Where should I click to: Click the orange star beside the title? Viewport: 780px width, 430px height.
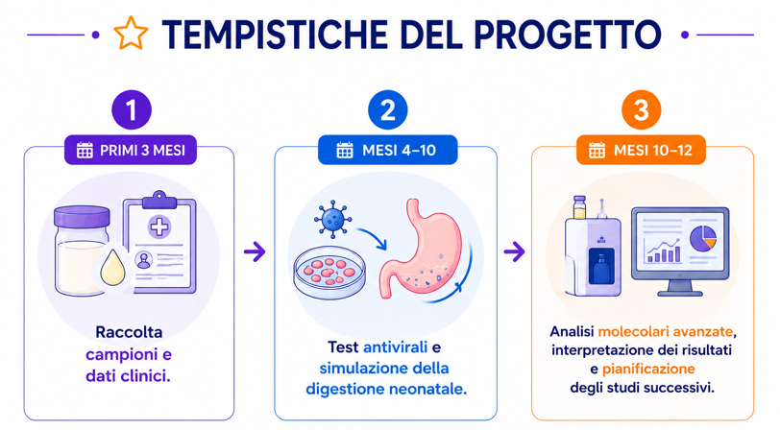point(131,34)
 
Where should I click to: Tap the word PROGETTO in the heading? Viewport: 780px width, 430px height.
point(568,35)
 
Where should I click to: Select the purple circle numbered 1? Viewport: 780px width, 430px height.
point(132,109)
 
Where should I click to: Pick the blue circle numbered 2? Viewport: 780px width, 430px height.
point(387,109)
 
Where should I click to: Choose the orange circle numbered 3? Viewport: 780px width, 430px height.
point(642,109)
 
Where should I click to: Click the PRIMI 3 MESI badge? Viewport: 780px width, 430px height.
point(131,150)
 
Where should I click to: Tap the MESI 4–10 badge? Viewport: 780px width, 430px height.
point(387,150)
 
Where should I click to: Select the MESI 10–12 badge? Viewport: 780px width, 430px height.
point(641,150)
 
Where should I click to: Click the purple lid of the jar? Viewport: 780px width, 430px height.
point(82,217)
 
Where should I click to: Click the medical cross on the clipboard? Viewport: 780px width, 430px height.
point(159,227)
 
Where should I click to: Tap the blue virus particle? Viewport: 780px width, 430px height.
point(332,219)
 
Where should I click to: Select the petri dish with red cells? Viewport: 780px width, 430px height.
point(329,273)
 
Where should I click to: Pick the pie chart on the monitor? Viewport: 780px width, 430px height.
point(703,238)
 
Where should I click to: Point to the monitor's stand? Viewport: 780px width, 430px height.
point(680,288)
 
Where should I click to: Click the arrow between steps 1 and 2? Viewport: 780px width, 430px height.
point(255,251)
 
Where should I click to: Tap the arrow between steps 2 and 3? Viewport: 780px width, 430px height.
point(514,251)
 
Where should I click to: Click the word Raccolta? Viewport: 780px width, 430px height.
point(129,332)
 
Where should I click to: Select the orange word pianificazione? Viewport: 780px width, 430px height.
point(648,370)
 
